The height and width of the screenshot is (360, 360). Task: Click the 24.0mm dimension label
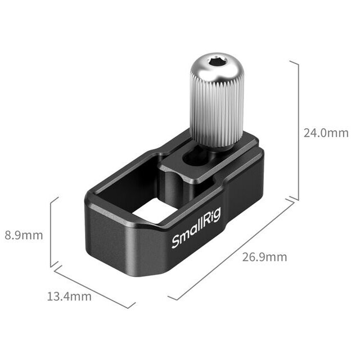[x=326, y=133]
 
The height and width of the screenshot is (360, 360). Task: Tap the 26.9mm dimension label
[x=264, y=257]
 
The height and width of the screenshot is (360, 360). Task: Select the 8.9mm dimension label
[x=24, y=235]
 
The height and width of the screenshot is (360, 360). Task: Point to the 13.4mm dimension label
[x=69, y=296]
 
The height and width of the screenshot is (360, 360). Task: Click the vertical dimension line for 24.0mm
[x=297, y=129]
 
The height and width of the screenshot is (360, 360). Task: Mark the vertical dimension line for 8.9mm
[x=51, y=232]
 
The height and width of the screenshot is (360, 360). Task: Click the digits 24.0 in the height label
[x=315, y=133]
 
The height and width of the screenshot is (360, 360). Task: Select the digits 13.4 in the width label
[x=57, y=296]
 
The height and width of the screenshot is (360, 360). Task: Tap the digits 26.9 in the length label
[x=253, y=257]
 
